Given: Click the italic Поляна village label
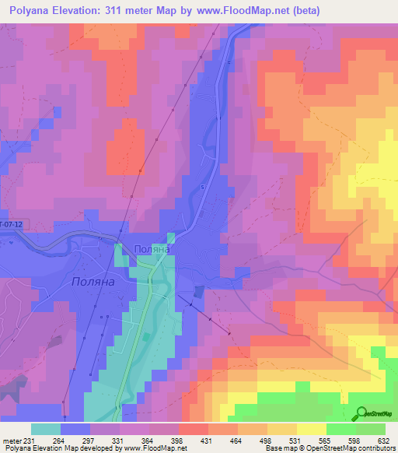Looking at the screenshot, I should [93, 281].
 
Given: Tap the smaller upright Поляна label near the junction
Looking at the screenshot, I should [152, 250].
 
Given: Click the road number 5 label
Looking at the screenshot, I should [202, 188].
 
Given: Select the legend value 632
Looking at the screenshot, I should [382, 441].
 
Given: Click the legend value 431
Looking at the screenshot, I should [207, 441].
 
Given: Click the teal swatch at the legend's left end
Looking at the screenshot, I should [45, 429].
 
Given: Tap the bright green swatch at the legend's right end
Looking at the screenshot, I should [370, 429].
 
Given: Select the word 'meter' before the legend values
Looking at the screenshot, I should [11, 441].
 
